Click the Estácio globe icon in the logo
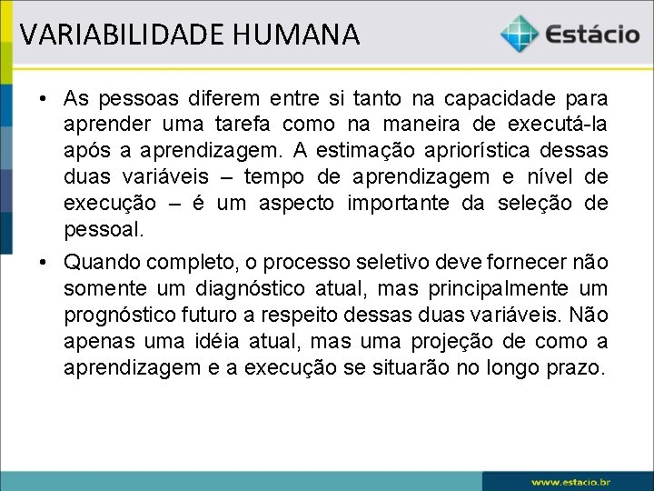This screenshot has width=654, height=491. coord(519,35)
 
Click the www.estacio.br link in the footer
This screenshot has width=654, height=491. coord(570,481)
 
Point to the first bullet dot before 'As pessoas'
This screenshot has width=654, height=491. coord(43,97)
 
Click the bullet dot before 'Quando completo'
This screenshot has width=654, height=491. coord(43,263)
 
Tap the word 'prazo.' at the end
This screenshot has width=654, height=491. coord(577,368)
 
